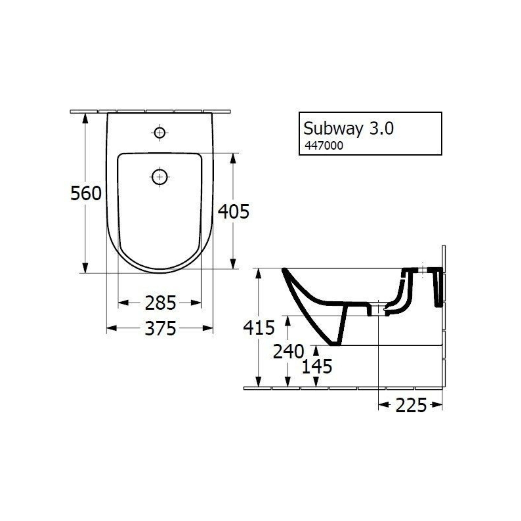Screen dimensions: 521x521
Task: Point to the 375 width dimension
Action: pyautogui.click(x=160, y=329)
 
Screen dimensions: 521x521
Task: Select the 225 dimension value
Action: pyautogui.click(x=411, y=405)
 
